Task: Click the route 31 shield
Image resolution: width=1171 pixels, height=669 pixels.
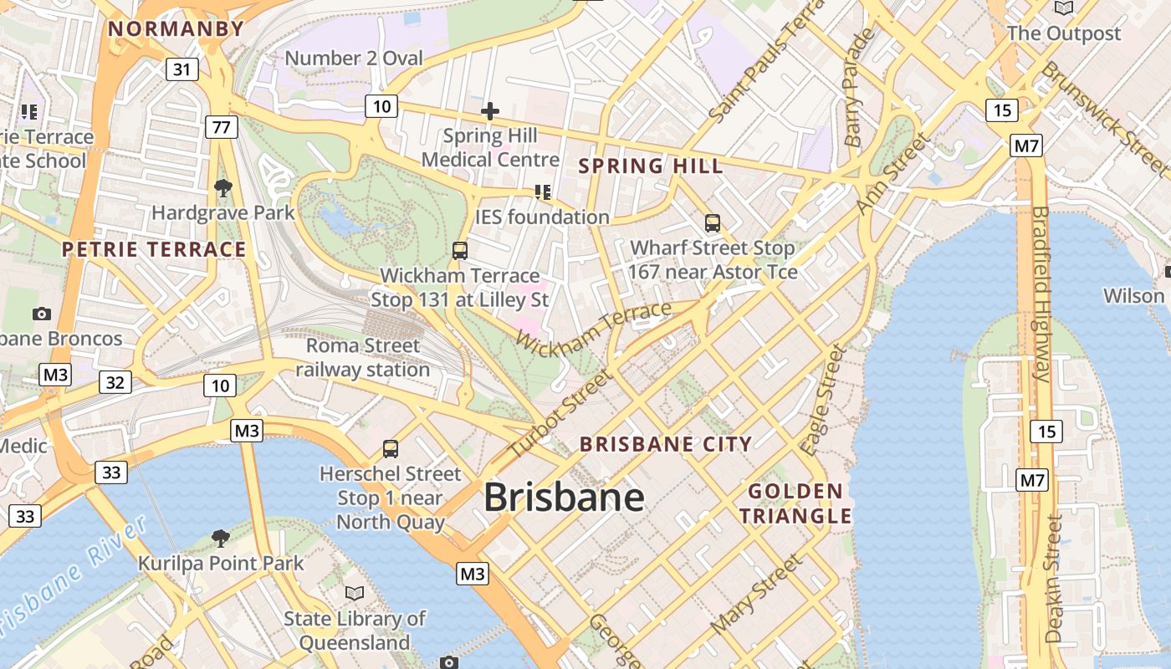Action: coord(182,69)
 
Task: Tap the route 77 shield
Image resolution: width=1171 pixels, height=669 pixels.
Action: coord(222,127)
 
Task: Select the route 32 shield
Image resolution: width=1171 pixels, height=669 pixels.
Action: coord(115,383)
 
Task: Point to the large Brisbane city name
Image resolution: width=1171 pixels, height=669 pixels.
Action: coord(564,498)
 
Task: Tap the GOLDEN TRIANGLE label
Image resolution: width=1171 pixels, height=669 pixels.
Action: coord(795,503)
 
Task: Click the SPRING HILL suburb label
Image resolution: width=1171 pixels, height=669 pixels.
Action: coord(651,166)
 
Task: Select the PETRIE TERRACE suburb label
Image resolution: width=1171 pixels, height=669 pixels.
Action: coord(155,249)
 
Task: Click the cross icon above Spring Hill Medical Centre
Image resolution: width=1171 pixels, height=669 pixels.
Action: coord(490,111)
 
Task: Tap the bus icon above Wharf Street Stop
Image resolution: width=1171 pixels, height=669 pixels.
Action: coord(713,223)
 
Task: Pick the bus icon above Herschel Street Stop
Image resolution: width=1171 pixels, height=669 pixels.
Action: coord(391,449)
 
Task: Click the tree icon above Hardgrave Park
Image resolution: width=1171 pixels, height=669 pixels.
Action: coord(222,187)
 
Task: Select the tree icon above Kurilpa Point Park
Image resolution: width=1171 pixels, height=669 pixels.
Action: coord(221,538)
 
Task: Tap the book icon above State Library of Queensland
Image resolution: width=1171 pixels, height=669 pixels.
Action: coord(355,593)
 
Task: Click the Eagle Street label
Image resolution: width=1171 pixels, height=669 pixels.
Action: coord(823,400)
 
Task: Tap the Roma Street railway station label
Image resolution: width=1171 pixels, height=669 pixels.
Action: coord(362,357)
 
